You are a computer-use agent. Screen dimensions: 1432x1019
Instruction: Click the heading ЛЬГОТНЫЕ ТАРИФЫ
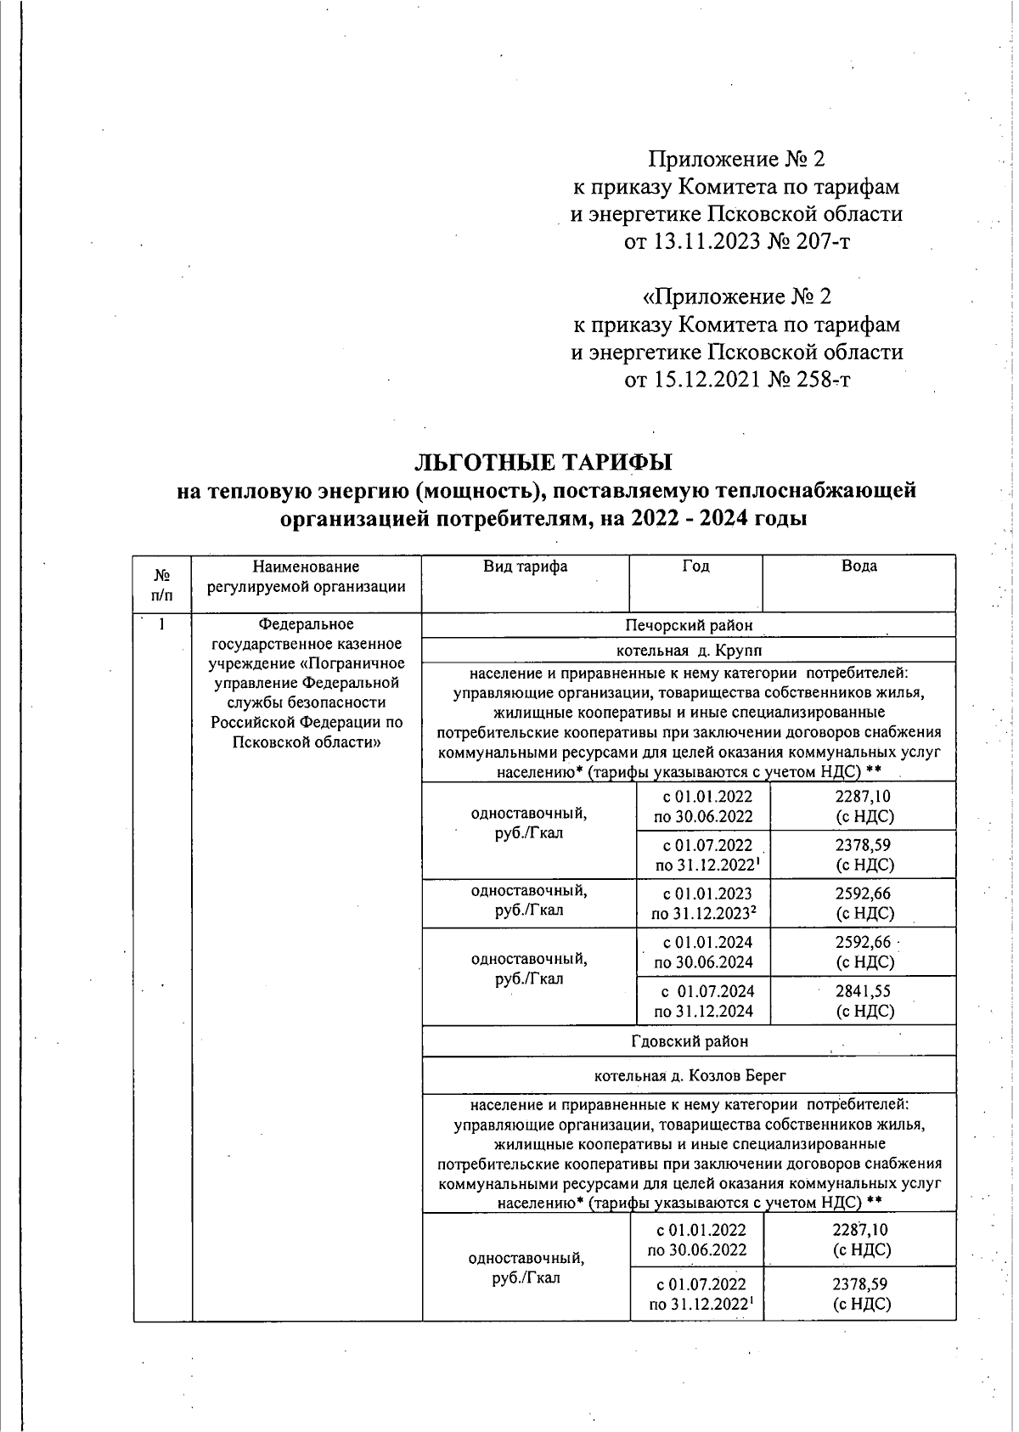click(x=543, y=462)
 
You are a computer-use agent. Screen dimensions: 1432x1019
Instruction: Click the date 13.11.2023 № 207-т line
click(x=737, y=242)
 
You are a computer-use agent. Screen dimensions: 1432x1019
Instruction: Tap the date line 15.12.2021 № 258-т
click(x=737, y=379)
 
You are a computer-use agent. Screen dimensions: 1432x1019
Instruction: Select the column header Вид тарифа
click(x=525, y=567)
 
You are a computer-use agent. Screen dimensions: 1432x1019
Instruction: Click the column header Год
click(x=695, y=567)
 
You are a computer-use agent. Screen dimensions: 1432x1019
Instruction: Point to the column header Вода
click(x=859, y=567)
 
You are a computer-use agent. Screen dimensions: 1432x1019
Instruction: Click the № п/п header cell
click(x=161, y=584)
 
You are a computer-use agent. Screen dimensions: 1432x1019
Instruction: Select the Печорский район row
click(x=689, y=625)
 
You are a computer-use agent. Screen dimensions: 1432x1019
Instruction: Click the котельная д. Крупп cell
click(x=689, y=651)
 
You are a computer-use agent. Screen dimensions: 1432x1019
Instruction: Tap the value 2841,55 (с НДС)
click(x=864, y=1001)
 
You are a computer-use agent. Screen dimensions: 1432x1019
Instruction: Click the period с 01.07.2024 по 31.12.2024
click(x=703, y=1001)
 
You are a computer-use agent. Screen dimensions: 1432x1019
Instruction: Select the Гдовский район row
click(x=689, y=1040)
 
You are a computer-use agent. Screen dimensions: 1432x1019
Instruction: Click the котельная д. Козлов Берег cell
click(x=689, y=1075)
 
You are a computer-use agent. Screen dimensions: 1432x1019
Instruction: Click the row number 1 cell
click(x=161, y=625)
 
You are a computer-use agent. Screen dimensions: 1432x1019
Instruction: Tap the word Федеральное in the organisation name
click(x=306, y=625)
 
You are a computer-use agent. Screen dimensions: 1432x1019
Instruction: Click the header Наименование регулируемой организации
click(x=306, y=576)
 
